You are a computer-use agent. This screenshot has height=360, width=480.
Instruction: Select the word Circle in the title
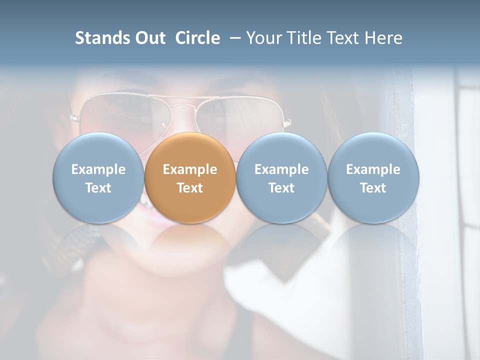(197, 38)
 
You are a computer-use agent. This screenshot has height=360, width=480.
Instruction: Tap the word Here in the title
(384, 38)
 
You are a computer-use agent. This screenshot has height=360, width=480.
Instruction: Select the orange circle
(190, 177)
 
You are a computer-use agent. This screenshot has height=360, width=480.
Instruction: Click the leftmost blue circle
(98, 177)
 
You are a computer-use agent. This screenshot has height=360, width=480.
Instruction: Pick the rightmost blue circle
(373, 177)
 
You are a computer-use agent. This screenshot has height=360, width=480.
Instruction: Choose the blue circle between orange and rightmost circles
(281, 177)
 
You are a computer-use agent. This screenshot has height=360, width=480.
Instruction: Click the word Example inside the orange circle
(190, 169)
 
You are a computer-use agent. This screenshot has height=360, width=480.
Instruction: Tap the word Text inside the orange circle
(190, 188)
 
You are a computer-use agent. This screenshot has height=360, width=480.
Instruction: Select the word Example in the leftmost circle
(98, 169)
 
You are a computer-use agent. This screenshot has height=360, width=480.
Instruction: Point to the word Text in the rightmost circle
(373, 188)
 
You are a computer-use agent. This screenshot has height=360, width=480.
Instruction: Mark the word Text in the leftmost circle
(98, 188)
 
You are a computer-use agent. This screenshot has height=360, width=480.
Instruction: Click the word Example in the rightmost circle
(373, 169)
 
